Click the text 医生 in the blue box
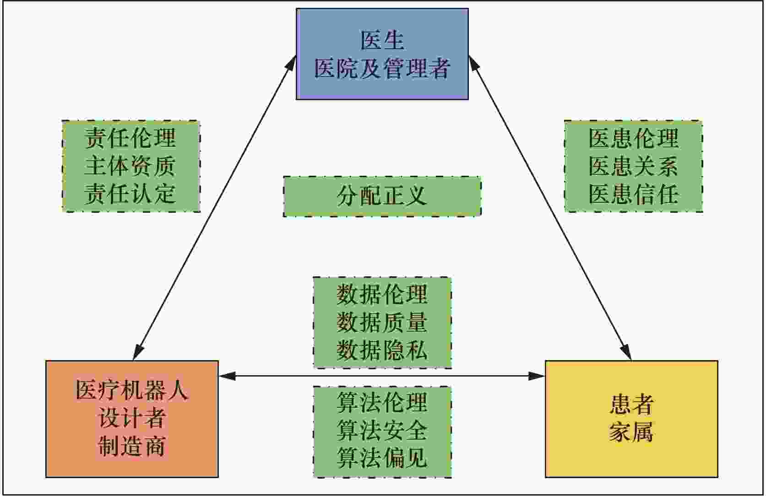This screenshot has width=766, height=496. (x=382, y=40)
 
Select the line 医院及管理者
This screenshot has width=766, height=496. (x=382, y=69)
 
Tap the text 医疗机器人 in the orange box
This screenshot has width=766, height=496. (x=132, y=391)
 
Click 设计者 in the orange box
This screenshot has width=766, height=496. (x=132, y=418)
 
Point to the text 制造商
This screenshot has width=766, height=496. (x=132, y=446)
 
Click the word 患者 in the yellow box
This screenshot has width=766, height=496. (x=631, y=404)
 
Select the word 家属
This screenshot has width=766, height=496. (x=631, y=432)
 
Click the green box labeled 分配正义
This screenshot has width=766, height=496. (x=382, y=196)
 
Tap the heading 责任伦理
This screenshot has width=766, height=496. (x=130, y=138)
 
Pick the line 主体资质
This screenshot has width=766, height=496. (x=130, y=166)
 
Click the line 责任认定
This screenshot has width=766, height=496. (x=130, y=194)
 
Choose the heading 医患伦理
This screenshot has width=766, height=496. (x=633, y=138)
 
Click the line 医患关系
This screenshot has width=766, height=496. (x=633, y=166)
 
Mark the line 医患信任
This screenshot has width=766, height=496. (x=633, y=194)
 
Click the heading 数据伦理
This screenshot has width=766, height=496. (x=382, y=294)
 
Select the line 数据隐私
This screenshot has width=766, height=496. (x=382, y=350)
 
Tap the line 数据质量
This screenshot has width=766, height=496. (x=382, y=322)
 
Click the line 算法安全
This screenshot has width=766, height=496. (x=382, y=431)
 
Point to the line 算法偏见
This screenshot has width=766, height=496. (x=382, y=458)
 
